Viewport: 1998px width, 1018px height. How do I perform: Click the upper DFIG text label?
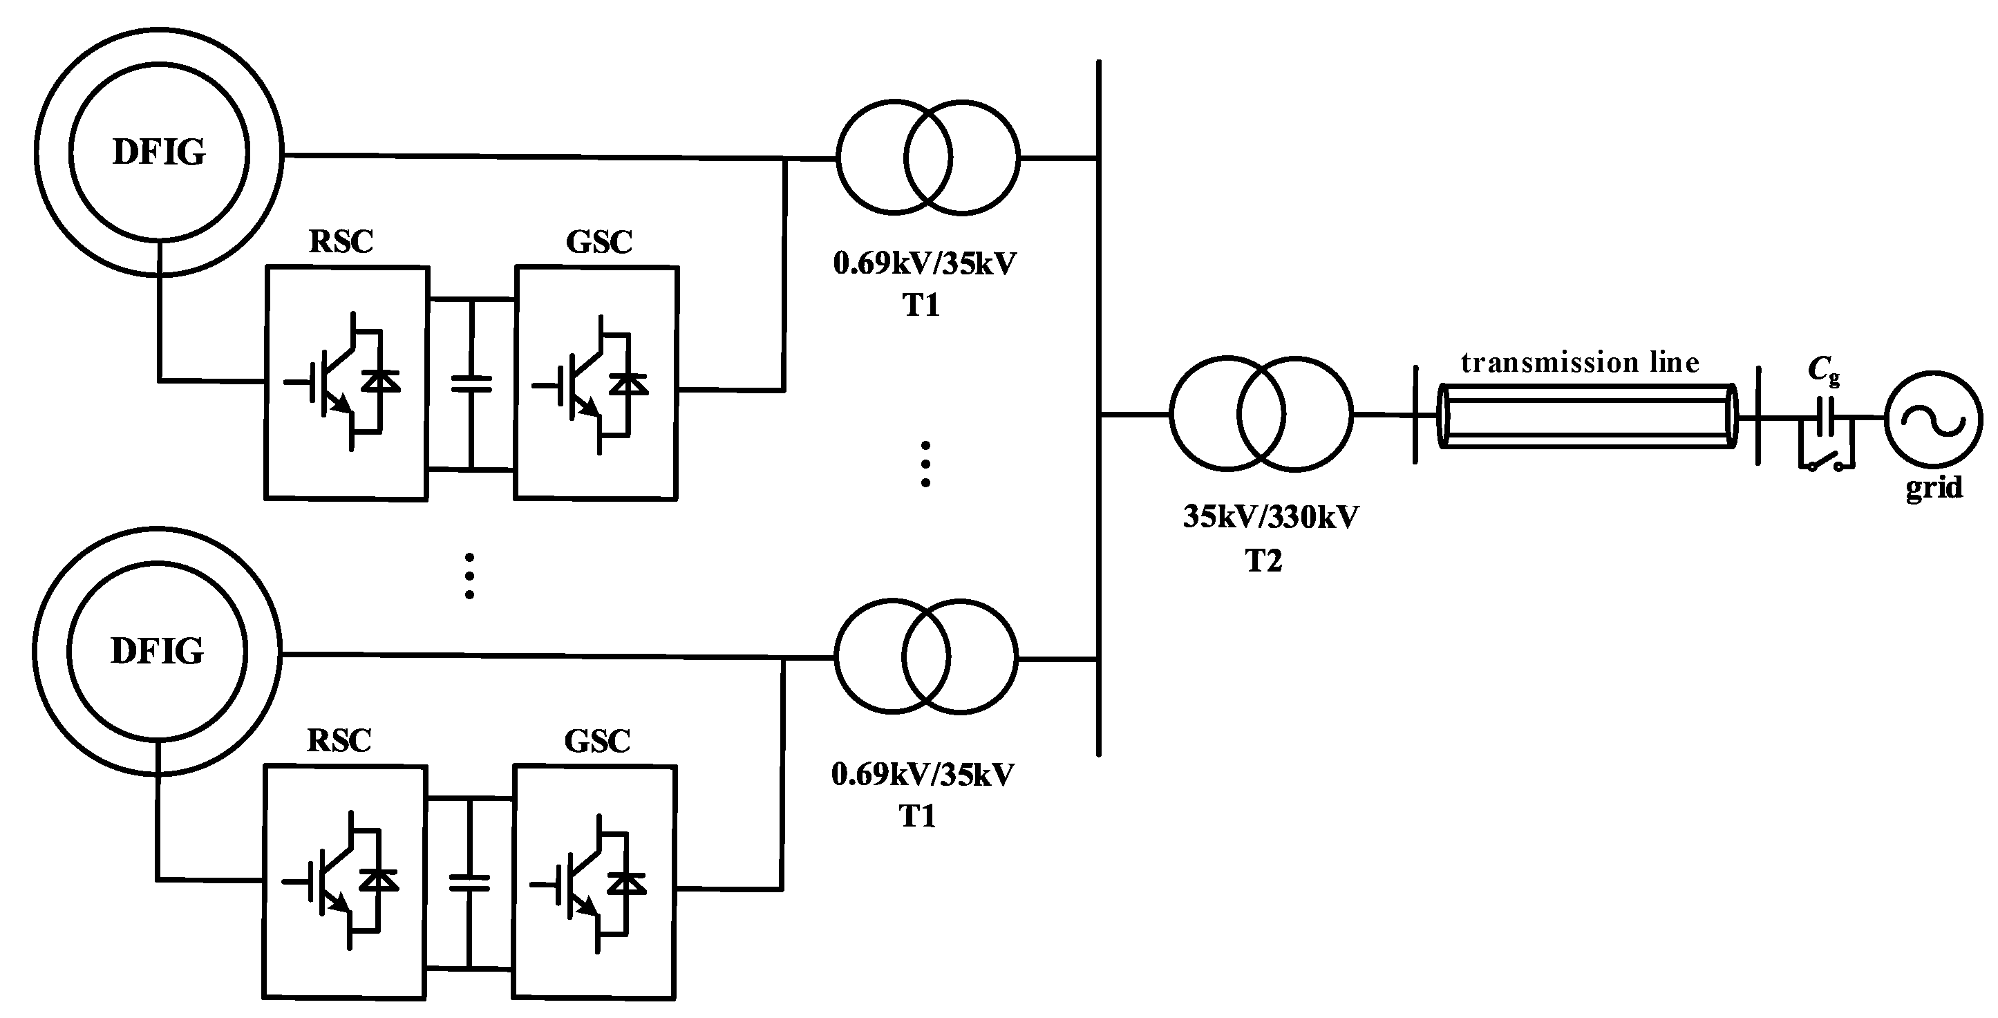click(x=159, y=152)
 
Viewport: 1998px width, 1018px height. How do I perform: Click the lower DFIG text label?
click(x=158, y=651)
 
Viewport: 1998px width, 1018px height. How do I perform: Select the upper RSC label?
click(x=341, y=241)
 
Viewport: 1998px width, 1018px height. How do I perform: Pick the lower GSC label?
click(x=596, y=741)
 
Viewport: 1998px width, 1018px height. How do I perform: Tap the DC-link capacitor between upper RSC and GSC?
click(x=471, y=383)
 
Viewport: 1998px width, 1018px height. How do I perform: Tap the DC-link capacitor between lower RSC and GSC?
click(x=469, y=883)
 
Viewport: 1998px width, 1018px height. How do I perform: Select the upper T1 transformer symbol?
click(x=927, y=158)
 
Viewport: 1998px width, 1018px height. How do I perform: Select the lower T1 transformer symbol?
click(x=925, y=656)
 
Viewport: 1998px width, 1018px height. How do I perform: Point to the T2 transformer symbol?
click(x=1261, y=415)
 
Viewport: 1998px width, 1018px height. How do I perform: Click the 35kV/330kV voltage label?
click(x=1270, y=517)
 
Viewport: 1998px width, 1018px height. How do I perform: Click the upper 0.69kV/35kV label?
click(x=925, y=263)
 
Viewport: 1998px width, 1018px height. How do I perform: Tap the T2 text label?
click(x=1263, y=560)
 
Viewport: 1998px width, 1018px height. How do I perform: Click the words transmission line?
click(x=1579, y=363)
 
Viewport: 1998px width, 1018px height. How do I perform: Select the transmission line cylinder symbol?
click(x=1586, y=416)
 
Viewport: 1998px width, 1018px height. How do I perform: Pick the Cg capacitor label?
click(x=1822, y=370)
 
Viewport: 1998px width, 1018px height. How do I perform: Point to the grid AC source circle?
click(x=1934, y=419)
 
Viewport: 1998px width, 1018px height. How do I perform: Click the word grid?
click(x=1934, y=487)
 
